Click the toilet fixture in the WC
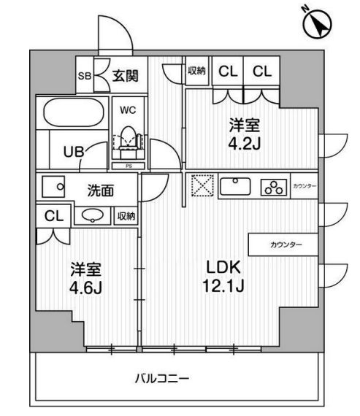(x=130, y=139)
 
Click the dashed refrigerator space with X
(x=202, y=185)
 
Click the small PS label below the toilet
(x=129, y=166)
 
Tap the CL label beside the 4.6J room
(x=53, y=216)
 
